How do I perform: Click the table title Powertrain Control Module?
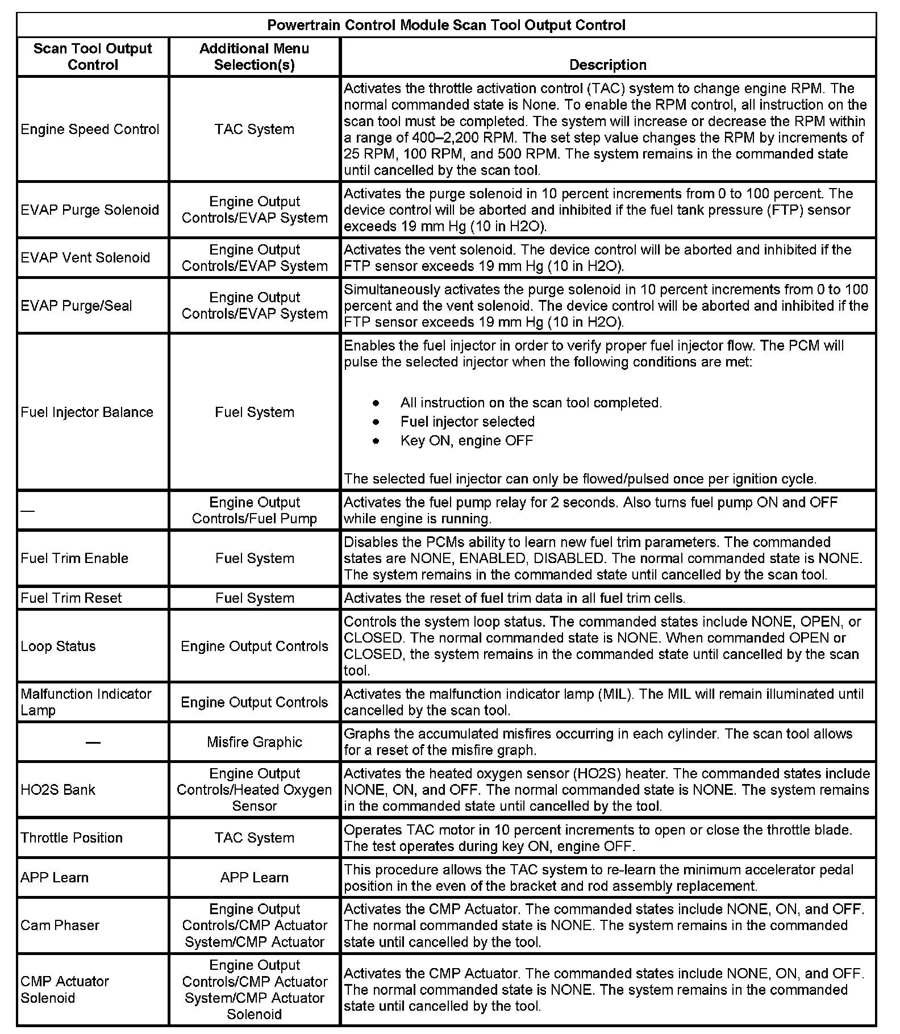coord(446,25)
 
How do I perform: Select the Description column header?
coord(607,65)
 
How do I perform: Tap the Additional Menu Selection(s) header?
coord(254,57)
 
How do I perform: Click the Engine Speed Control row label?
coord(90,130)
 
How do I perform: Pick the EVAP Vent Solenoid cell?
coord(85,258)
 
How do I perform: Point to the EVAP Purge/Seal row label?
coord(76,306)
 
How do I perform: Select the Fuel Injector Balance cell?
coord(87,412)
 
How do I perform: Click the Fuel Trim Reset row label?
coord(71,598)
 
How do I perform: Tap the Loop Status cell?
coord(58,646)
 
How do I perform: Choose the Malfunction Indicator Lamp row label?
coord(86,702)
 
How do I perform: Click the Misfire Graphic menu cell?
coord(254,742)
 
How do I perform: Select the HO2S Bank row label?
coord(58,790)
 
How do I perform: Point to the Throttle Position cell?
coord(72,837)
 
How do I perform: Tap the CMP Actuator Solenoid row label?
coord(64,989)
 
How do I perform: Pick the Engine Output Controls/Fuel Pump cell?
coord(254,510)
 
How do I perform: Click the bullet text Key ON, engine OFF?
coord(466,441)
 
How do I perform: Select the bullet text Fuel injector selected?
coord(467,422)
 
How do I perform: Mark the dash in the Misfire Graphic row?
coord(93,743)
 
